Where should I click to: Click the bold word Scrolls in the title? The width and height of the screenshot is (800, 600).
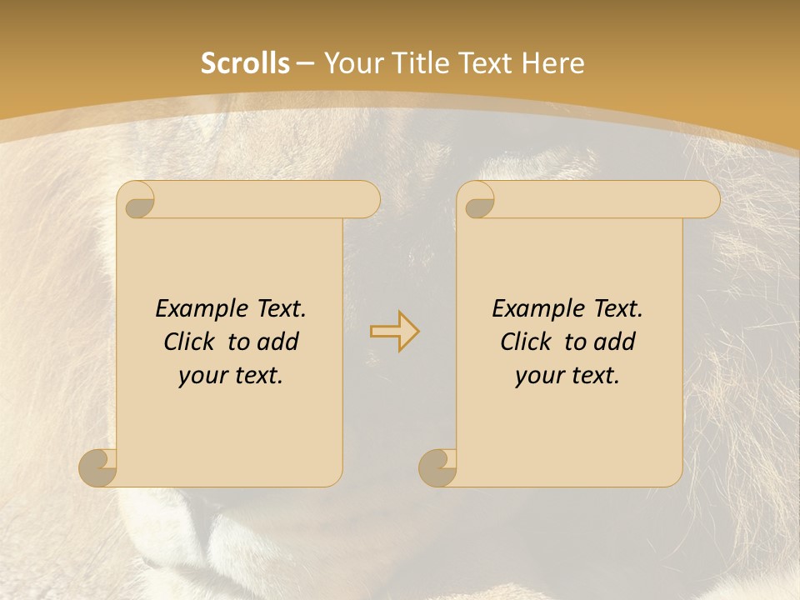245,63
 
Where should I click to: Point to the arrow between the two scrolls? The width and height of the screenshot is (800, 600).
394,331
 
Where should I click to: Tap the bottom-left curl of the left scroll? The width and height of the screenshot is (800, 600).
97,467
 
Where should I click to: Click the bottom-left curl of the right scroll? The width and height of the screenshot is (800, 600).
437,467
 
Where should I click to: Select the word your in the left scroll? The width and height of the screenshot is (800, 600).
201,376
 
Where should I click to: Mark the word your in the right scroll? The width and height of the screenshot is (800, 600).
537,376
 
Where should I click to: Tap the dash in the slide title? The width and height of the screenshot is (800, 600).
306,63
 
